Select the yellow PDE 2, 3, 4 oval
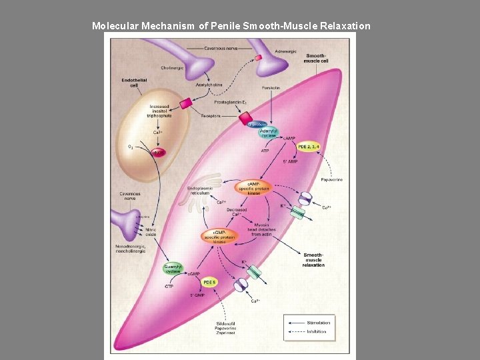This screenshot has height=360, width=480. coord(308,146)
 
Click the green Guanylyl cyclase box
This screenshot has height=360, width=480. coord(173,269)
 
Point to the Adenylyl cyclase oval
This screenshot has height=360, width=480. coord(269,133)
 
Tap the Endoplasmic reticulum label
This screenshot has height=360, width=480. coord(199,190)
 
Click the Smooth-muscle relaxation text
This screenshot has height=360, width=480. coord(313,260)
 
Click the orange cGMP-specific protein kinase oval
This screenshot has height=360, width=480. coord(217,236)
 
